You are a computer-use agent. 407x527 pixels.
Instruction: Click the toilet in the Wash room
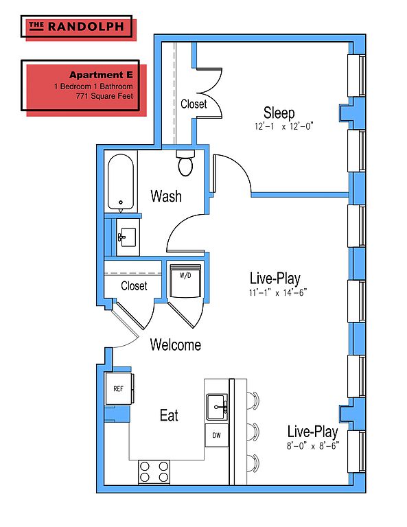coord(185,163)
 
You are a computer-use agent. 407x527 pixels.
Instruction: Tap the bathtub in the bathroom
coord(121,182)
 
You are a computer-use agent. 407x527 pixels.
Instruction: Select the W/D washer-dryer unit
coord(185,281)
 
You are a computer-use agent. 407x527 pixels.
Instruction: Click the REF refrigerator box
coord(119,388)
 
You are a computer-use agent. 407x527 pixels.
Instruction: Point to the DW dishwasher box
coord(217,435)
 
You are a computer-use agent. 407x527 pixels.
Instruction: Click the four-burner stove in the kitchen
coord(154,472)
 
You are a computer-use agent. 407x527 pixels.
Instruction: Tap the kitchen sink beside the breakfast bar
coord(217,407)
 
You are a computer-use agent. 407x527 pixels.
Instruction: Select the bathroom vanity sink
coord(128,237)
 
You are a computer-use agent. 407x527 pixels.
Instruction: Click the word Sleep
coord(279,113)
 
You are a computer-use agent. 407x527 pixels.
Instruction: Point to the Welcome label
coord(176,345)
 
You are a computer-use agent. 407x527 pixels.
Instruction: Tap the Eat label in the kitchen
coord(169,415)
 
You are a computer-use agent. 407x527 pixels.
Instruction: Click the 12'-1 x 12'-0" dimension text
coord(284,126)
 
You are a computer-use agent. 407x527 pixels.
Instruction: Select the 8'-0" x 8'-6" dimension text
coord(312,446)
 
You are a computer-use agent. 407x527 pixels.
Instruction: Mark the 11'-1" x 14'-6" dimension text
coord(278,293)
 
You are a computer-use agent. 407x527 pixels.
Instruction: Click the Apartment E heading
coord(101,75)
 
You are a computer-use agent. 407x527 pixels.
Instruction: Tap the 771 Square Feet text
coord(104,96)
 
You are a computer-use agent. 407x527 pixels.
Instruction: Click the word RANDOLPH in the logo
coord(86,27)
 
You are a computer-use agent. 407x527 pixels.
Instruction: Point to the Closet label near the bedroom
coord(194,104)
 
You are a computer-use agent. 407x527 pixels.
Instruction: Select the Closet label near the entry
coord(134,285)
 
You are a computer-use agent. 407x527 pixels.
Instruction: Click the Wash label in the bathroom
coord(166,196)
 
